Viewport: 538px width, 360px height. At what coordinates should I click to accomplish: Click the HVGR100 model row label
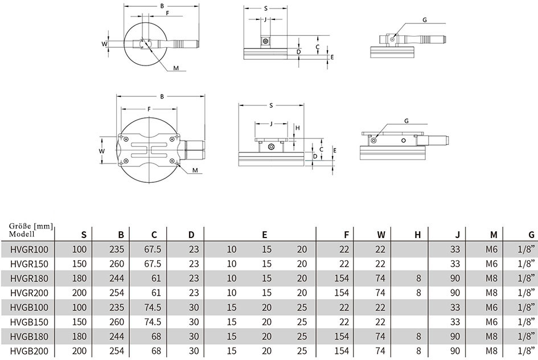(30, 249)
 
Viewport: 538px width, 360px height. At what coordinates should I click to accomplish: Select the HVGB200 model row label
(30, 351)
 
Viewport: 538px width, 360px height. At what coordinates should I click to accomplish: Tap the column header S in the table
(84, 235)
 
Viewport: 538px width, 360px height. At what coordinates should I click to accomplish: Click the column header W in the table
(381, 235)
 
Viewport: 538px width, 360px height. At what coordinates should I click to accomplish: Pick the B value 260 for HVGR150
(117, 264)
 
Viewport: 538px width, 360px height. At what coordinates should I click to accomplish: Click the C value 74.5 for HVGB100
(153, 308)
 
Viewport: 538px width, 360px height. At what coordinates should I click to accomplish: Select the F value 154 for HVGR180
(342, 279)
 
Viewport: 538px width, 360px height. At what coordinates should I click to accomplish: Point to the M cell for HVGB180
(491, 337)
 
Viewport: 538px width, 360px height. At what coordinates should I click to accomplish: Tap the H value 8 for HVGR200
(418, 293)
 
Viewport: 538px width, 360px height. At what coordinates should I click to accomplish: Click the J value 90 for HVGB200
(455, 351)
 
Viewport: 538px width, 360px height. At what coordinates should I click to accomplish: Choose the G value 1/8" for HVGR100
(527, 249)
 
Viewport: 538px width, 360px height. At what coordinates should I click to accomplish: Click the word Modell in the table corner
(22, 234)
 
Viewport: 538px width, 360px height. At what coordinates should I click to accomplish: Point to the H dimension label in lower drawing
(298, 128)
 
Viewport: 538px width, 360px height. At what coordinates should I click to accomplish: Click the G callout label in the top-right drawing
(425, 20)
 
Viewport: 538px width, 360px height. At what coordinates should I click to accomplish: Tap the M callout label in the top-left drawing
(176, 68)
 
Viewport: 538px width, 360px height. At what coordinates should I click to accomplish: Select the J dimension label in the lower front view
(271, 123)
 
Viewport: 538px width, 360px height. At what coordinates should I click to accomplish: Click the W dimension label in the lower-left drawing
(101, 151)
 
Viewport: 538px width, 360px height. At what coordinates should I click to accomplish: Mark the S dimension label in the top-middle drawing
(265, 9)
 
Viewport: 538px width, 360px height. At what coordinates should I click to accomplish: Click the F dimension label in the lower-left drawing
(149, 109)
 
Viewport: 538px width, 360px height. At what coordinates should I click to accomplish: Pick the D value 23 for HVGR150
(194, 264)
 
